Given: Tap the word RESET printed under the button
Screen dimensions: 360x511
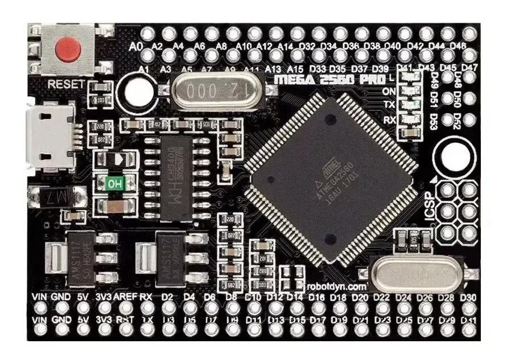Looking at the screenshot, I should pyautogui.click(x=66, y=84).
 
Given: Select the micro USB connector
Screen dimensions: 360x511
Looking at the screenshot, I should pyautogui.click(x=51, y=136).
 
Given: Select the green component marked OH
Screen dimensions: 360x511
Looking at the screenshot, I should pyautogui.click(x=115, y=184).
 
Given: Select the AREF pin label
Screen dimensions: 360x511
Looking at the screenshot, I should pyautogui.click(x=125, y=297).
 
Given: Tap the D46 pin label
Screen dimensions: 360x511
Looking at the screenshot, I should pyautogui.click(x=458, y=45).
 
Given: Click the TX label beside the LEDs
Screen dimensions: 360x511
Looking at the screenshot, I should pyautogui.click(x=389, y=105).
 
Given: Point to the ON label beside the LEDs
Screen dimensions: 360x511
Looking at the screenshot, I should pyautogui.click(x=389, y=91).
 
